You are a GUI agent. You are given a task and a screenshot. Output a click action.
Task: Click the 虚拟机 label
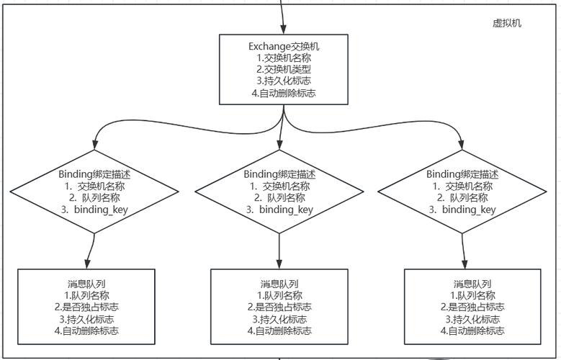(x=506, y=23)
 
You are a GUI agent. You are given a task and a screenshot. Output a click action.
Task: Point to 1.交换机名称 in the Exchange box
(x=284, y=58)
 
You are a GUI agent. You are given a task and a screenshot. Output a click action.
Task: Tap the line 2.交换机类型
(x=284, y=70)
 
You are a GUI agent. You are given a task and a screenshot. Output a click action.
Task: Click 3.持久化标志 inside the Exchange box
(x=284, y=81)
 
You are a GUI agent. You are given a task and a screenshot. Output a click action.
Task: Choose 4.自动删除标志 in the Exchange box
(x=284, y=93)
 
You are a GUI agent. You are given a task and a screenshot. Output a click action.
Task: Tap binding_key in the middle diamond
(x=286, y=210)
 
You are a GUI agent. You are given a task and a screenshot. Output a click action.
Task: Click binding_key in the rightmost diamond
(x=469, y=210)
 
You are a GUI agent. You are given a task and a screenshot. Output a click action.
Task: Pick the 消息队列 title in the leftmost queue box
(x=87, y=284)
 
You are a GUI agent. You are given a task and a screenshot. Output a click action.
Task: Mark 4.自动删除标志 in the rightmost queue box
(x=473, y=331)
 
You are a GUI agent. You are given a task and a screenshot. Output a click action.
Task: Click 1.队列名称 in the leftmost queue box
(x=87, y=295)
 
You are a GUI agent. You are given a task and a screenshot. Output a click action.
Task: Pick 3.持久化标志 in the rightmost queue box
(x=473, y=319)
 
